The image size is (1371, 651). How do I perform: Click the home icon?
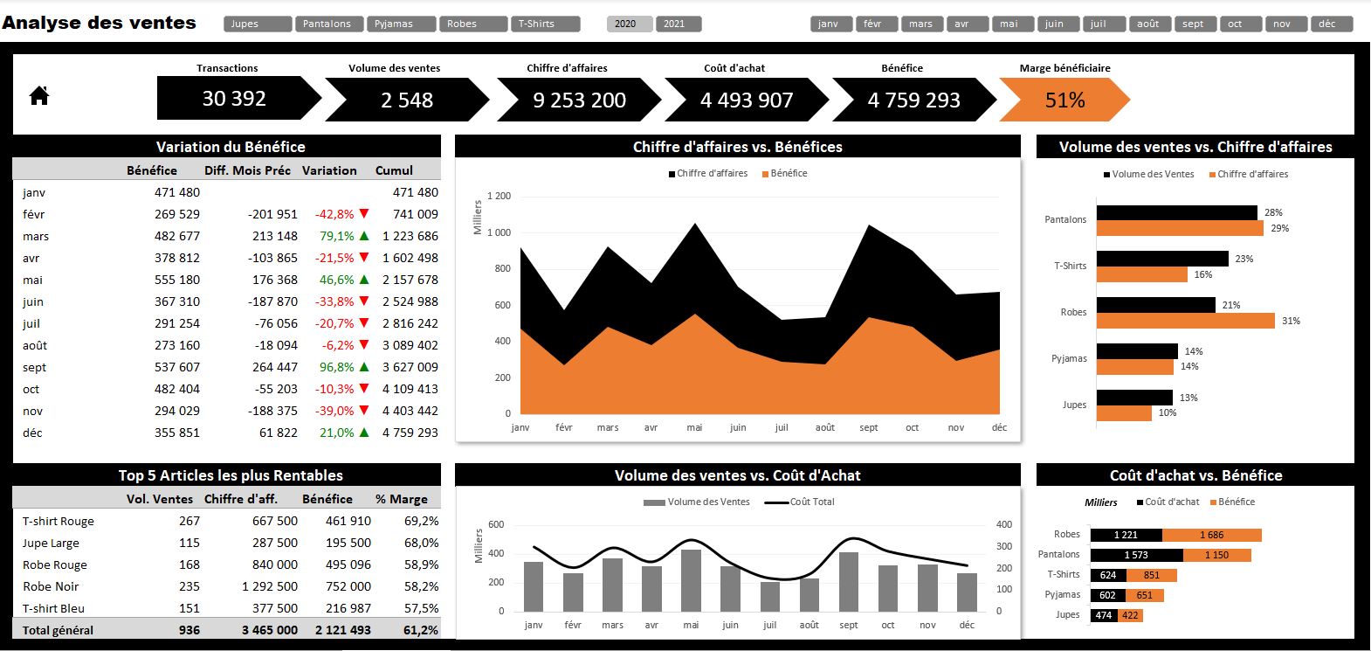click(x=39, y=95)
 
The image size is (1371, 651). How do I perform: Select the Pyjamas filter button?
click(x=401, y=24)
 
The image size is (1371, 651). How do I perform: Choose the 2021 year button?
click(x=678, y=24)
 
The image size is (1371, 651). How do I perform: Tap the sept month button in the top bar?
click(x=1193, y=24)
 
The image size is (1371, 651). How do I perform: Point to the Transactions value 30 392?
click(x=234, y=99)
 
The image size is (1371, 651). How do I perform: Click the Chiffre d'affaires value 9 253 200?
click(x=579, y=100)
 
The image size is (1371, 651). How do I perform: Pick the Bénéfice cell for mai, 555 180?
click(x=176, y=280)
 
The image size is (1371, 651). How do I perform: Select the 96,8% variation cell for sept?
click(x=336, y=367)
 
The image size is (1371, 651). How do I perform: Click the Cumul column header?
click(x=394, y=170)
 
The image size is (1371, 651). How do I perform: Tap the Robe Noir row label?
click(x=51, y=586)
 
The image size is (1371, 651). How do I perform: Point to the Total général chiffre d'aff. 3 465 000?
click(x=269, y=630)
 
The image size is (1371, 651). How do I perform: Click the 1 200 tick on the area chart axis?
click(x=499, y=196)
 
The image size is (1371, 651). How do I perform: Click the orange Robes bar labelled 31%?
click(x=1185, y=321)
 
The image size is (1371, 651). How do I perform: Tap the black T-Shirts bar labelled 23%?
click(x=1162, y=259)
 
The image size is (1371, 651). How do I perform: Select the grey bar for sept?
click(x=848, y=581)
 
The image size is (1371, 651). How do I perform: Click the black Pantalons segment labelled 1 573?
click(x=1136, y=555)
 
